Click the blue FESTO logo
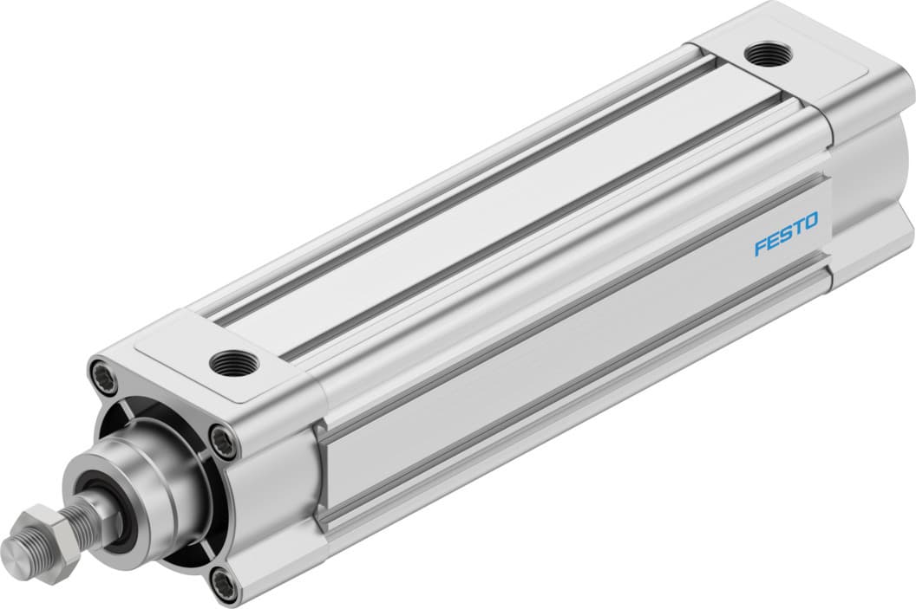tap(785, 235)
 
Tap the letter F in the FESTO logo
tap(761, 247)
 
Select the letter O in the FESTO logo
tap(810, 224)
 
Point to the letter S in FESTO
tap(785, 235)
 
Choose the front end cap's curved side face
tap(278, 485)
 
